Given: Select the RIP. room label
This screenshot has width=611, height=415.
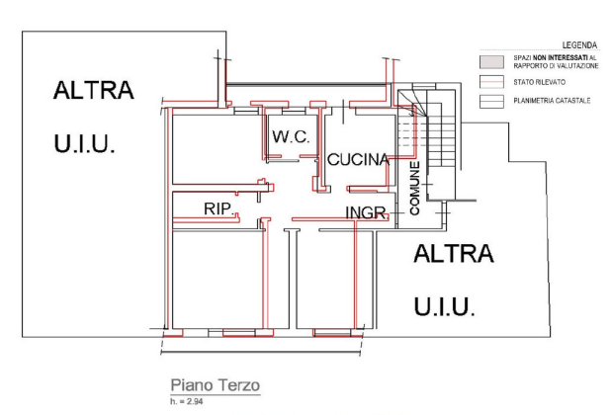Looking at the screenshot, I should (x=218, y=208).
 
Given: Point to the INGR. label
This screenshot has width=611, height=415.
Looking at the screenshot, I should (x=365, y=212).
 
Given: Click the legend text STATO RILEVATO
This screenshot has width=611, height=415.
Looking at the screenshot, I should (x=539, y=82).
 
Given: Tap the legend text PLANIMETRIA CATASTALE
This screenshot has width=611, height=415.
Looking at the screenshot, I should (x=552, y=101).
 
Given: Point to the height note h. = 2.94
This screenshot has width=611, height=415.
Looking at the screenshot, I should (x=184, y=400).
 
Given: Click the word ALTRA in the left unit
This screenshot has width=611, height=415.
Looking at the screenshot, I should (x=93, y=92).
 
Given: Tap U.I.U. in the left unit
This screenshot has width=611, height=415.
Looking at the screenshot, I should (x=86, y=144).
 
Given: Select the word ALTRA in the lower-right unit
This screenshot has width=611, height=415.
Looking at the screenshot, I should (x=453, y=255).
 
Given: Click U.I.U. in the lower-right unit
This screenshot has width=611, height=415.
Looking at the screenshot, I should (x=444, y=305).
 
